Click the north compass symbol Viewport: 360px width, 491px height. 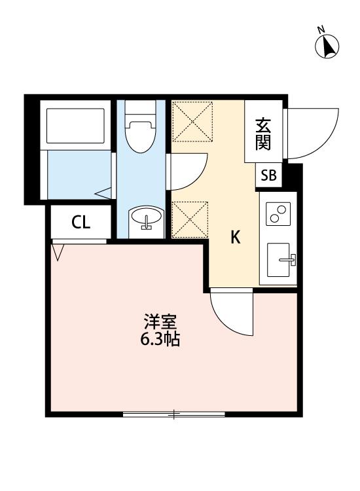point(327,45)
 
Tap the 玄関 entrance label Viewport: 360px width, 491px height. point(263,133)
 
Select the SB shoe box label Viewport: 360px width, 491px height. point(268,175)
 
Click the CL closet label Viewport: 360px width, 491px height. point(81,223)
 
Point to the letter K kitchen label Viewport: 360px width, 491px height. point(234,238)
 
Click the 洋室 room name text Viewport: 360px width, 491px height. point(160,323)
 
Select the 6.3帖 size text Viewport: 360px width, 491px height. point(160,340)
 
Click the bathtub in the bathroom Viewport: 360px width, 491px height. point(75,125)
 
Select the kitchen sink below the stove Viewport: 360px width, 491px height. point(282,261)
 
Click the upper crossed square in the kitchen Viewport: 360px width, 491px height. point(192,121)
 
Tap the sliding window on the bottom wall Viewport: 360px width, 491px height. point(174,413)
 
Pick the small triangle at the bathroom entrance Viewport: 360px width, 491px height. point(103,193)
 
